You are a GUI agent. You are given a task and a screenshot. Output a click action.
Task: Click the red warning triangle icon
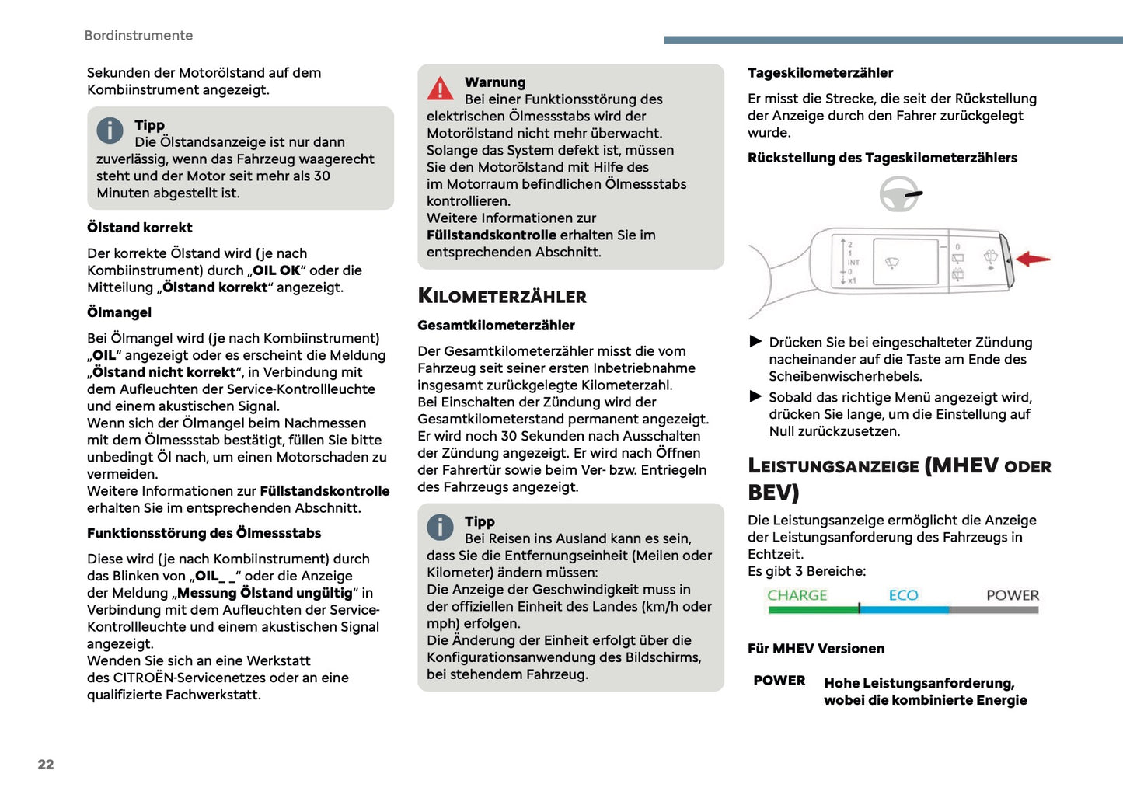click(440, 89)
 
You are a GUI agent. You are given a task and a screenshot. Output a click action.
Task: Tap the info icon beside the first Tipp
click(110, 131)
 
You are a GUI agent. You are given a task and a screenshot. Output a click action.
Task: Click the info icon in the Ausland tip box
click(440, 528)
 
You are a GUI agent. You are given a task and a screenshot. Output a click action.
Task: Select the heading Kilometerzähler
click(502, 296)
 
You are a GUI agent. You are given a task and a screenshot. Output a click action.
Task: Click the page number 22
click(46, 765)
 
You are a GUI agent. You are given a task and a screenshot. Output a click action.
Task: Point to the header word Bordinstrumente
click(138, 36)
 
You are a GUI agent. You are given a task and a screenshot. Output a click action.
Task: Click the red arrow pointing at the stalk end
click(1033, 259)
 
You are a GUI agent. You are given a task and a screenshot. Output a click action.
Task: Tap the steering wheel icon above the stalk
click(899, 194)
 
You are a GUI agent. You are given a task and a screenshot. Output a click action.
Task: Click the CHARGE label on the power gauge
click(797, 595)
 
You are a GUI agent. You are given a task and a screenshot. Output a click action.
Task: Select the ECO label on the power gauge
click(903, 595)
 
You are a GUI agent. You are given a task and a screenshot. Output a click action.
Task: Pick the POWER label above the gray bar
click(1012, 595)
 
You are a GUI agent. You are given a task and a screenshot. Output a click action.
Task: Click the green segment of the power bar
click(812, 610)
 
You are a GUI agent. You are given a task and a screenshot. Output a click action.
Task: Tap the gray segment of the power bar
click(993, 610)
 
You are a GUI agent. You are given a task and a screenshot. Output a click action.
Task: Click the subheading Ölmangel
click(120, 312)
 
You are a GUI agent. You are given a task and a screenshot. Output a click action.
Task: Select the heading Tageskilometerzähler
click(820, 73)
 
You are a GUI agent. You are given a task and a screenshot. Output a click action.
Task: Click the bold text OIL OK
click(276, 270)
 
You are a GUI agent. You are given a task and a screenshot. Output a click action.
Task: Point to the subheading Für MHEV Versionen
click(816, 649)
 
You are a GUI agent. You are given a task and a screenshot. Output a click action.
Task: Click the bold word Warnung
click(495, 82)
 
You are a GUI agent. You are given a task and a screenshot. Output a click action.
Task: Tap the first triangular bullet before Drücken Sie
click(755, 341)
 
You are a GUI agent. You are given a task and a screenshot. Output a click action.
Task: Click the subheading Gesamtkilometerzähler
click(496, 326)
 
